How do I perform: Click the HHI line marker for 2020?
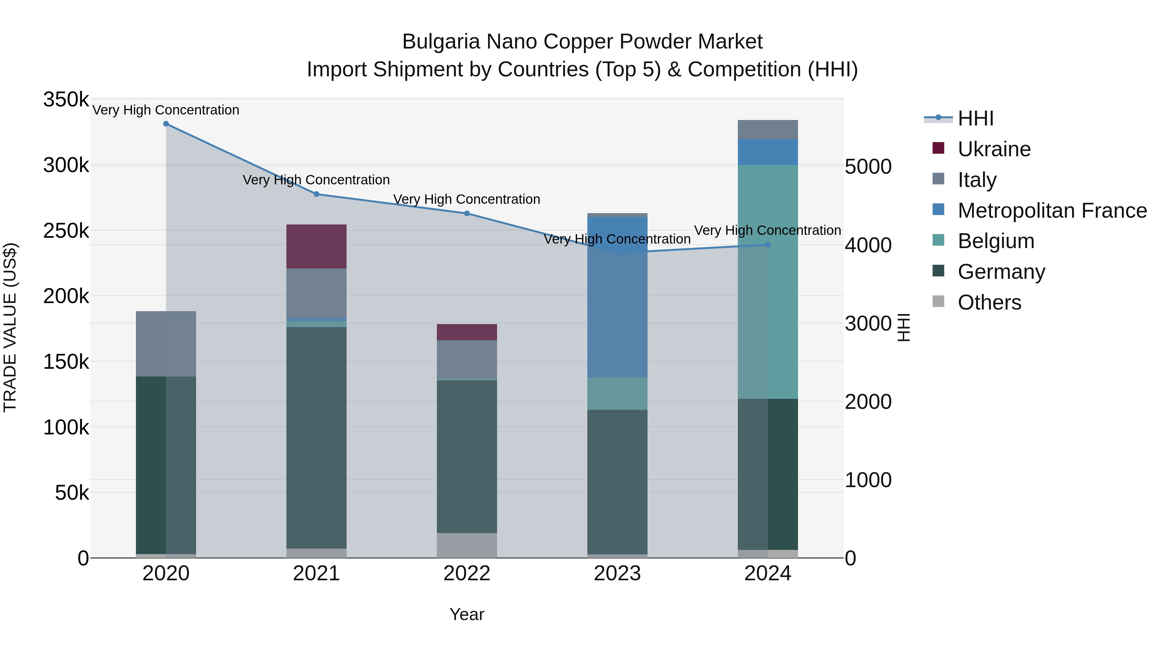pos(166,124)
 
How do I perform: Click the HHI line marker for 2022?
pos(467,213)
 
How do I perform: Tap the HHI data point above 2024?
pos(768,245)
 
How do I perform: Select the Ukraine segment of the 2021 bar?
pos(316,246)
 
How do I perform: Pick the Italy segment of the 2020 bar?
pos(166,344)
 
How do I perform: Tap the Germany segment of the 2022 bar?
pos(467,456)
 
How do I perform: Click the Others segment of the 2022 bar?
pos(467,545)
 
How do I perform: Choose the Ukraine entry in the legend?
pos(993,149)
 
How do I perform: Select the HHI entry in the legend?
pos(975,118)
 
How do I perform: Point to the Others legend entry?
pos(989,302)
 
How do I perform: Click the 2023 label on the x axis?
pos(617,573)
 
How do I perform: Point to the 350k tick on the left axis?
pos(66,99)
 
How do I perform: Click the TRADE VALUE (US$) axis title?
pos(10,327)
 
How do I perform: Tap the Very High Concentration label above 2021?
pos(316,180)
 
